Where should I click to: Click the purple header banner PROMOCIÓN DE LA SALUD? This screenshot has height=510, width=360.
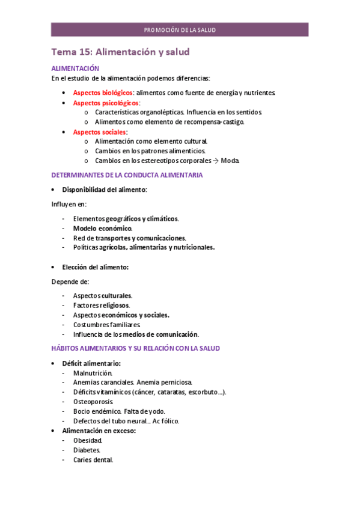click(180, 30)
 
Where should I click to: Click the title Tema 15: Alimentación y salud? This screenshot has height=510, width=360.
click(120, 52)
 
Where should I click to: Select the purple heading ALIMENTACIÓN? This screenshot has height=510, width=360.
click(75, 69)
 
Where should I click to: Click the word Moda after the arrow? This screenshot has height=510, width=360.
click(230, 161)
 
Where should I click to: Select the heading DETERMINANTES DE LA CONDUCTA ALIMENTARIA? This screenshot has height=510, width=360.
click(127, 175)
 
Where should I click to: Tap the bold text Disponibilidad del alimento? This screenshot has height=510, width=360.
click(105, 189)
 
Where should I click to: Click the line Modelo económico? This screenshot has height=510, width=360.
click(102, 229)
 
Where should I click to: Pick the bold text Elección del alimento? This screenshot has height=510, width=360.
click(96, 267)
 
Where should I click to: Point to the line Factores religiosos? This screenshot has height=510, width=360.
click(101, 306)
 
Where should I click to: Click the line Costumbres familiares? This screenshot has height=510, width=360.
click(106, 325)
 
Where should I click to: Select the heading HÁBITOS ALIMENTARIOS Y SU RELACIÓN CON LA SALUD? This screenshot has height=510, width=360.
click(135, 348)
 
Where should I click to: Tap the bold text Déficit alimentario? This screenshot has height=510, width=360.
click(91, 363)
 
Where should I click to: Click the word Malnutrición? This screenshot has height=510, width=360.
click(93, 373)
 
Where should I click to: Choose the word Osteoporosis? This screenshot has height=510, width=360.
click(93, 402)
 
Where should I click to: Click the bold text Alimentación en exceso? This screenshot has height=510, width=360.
click(99, 431)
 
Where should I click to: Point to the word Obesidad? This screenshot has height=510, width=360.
click(88, 440)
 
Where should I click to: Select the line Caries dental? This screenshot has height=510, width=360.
click(93, 460)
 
